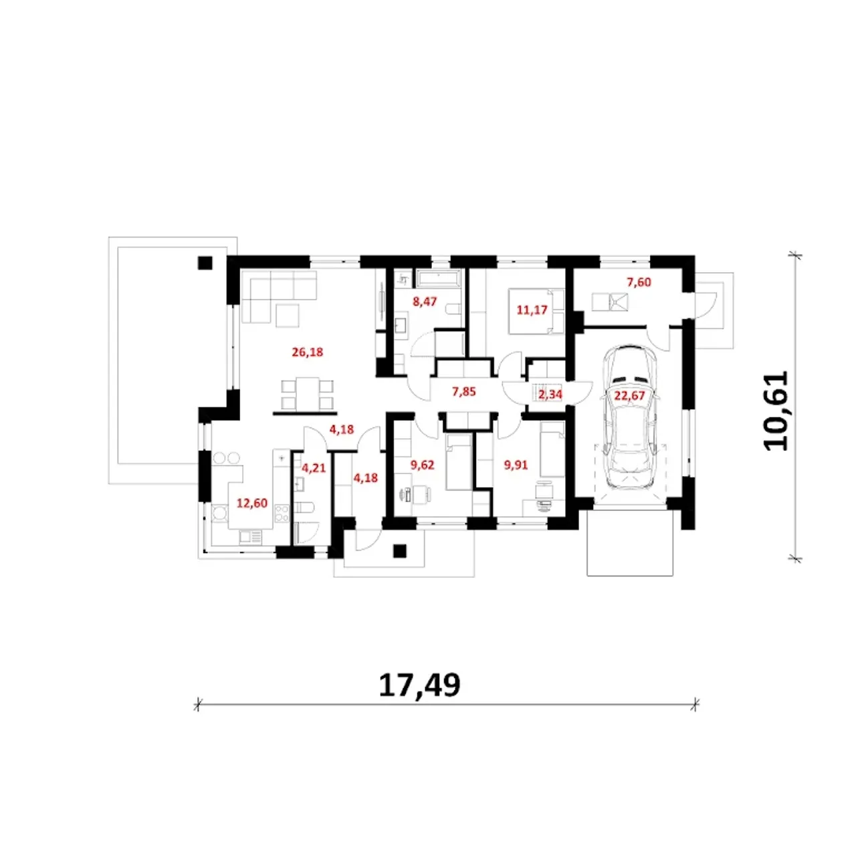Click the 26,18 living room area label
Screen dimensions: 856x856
307,352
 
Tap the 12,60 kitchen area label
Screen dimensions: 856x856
252,504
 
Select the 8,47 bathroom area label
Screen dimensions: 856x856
425,302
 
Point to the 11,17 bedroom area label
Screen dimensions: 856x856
531,310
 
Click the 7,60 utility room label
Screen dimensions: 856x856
639,282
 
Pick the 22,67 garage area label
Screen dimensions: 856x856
629,395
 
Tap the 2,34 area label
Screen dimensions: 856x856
550,395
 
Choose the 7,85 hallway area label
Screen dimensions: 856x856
463,392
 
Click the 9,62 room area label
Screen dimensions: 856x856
422,465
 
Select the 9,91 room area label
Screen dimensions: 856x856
516,465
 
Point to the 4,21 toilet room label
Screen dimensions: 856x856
314,467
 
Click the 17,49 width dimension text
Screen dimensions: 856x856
419,685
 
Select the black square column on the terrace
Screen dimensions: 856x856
205,263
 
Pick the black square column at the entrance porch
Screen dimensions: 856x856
400,551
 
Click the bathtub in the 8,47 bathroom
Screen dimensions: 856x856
439,279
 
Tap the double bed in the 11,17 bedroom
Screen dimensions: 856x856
536,312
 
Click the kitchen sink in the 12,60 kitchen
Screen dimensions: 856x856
250,538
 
